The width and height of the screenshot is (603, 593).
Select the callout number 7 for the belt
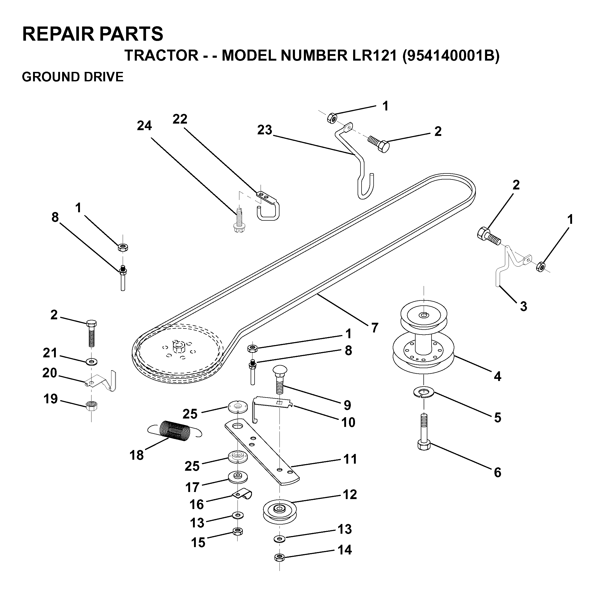[374, 327]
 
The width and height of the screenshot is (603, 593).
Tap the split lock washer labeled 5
[424, 393]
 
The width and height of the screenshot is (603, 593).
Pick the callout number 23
[265, 130]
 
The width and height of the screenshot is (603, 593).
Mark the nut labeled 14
[279, 557]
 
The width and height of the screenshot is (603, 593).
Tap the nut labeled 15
[238, 531]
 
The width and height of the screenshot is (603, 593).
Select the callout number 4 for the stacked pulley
[498, 377]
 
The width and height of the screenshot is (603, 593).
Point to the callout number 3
[524, 306]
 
